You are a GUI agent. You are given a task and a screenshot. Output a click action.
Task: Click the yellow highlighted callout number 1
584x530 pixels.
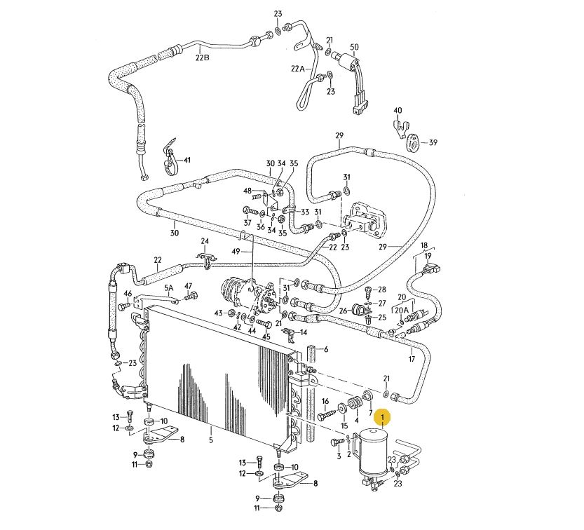(x=383, y=417)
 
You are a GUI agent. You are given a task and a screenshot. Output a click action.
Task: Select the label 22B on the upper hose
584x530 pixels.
(x=203, y=57)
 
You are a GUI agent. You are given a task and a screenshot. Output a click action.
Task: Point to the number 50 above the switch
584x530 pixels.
(x=354, y=47)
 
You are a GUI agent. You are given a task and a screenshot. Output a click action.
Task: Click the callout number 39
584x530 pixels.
(x=433, y=142)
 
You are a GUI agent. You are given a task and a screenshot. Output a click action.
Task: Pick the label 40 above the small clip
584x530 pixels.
(x=398, y=111)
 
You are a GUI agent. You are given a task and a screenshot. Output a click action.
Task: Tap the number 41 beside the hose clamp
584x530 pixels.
(x=186, y=160)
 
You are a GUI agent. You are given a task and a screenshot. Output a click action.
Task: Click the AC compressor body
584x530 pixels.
(x=247, y=295)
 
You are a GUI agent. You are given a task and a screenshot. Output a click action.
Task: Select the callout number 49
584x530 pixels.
(x=236, y=252)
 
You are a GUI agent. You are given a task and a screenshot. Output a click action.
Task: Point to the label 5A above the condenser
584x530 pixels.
(x=169, y=288)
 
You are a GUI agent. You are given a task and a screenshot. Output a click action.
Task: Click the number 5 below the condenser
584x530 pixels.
(x=211, y=440)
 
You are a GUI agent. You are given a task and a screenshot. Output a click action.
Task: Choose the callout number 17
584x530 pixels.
(x=412, y=359)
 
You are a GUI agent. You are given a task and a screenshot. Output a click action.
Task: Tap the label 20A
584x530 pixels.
(x=402, y=311)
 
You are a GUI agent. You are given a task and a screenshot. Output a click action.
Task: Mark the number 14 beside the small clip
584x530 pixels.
(x=304, y=332)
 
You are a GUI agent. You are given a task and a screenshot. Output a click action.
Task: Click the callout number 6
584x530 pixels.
(x=326, y=349)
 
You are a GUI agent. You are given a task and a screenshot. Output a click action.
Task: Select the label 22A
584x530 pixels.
(x=297, y=69)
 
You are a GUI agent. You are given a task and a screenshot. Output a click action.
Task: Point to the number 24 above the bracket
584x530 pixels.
(x=205, y=241)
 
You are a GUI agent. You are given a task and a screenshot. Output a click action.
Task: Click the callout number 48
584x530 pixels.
(x=247, y=191)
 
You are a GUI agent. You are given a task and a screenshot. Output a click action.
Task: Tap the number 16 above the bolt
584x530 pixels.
(x=325, y=401)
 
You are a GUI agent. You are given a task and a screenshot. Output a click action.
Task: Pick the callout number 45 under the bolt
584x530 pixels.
(x=266, y=337)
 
